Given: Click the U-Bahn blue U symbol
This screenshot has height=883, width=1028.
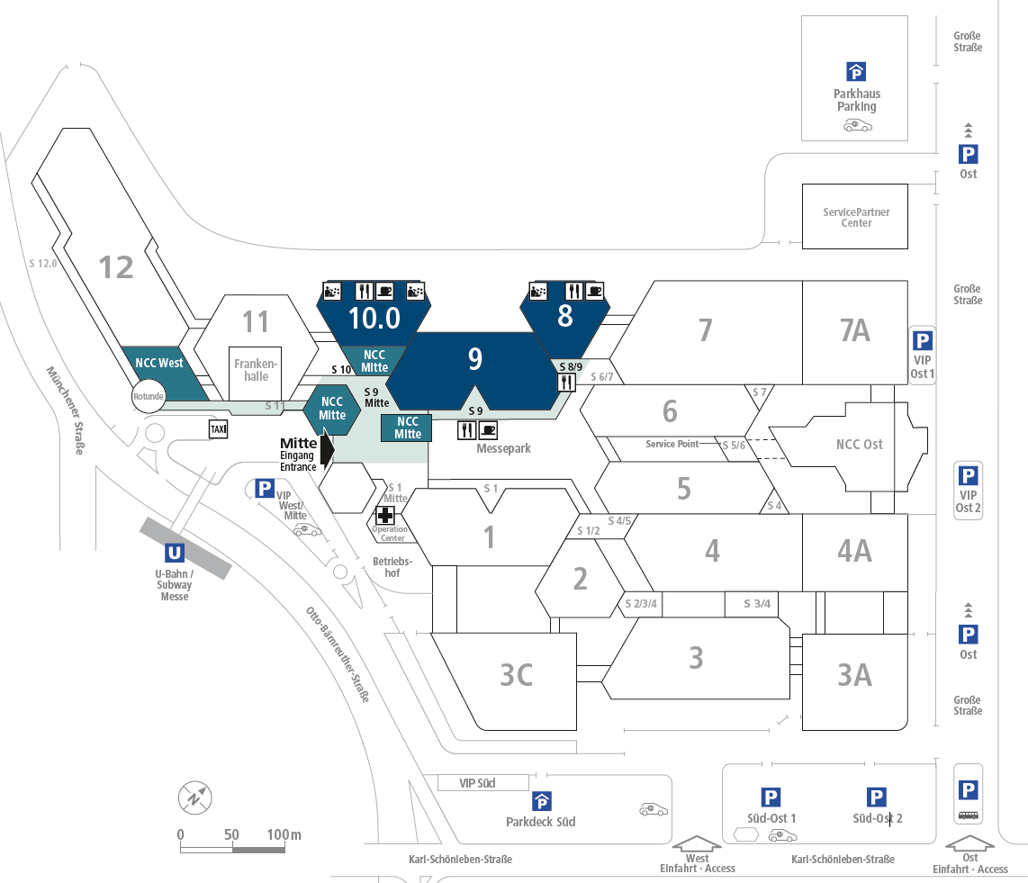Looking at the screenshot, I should click(x=176, y=553).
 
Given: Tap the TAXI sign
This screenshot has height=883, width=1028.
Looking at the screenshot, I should click(x=219, y=429).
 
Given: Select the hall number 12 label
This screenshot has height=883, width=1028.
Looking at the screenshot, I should click(x=116, y=266).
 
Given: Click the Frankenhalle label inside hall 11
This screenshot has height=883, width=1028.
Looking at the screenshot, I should click(x=257, y=369).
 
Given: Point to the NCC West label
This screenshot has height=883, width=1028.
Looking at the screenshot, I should click(x=159, y=363).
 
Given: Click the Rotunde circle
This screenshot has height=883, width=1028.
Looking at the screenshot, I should click(x=149, y=396).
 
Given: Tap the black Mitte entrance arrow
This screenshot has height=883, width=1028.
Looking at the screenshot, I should click(x=327, y=447).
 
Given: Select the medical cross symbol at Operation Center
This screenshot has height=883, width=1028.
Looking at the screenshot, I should click(x=385, y=515).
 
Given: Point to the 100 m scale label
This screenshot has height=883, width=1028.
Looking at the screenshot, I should click(x=284, y=834).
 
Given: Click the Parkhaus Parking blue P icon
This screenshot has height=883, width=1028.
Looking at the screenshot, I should click(x=856, y=72).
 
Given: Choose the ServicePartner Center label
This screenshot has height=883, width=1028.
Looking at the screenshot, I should click(x=856, y=217).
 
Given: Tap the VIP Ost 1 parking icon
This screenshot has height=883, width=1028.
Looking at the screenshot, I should click(x=923, y=340).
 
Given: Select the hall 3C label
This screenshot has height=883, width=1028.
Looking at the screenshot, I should click(x=517, y=674).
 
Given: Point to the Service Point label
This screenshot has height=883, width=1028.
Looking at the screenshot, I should click(x=672, y=444).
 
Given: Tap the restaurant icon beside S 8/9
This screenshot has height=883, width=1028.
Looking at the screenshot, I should click(x=567, y=381).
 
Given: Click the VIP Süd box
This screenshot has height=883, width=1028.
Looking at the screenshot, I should click(x=477, y=783).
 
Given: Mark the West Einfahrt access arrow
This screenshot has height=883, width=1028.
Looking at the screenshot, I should click(x=698, y=843).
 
